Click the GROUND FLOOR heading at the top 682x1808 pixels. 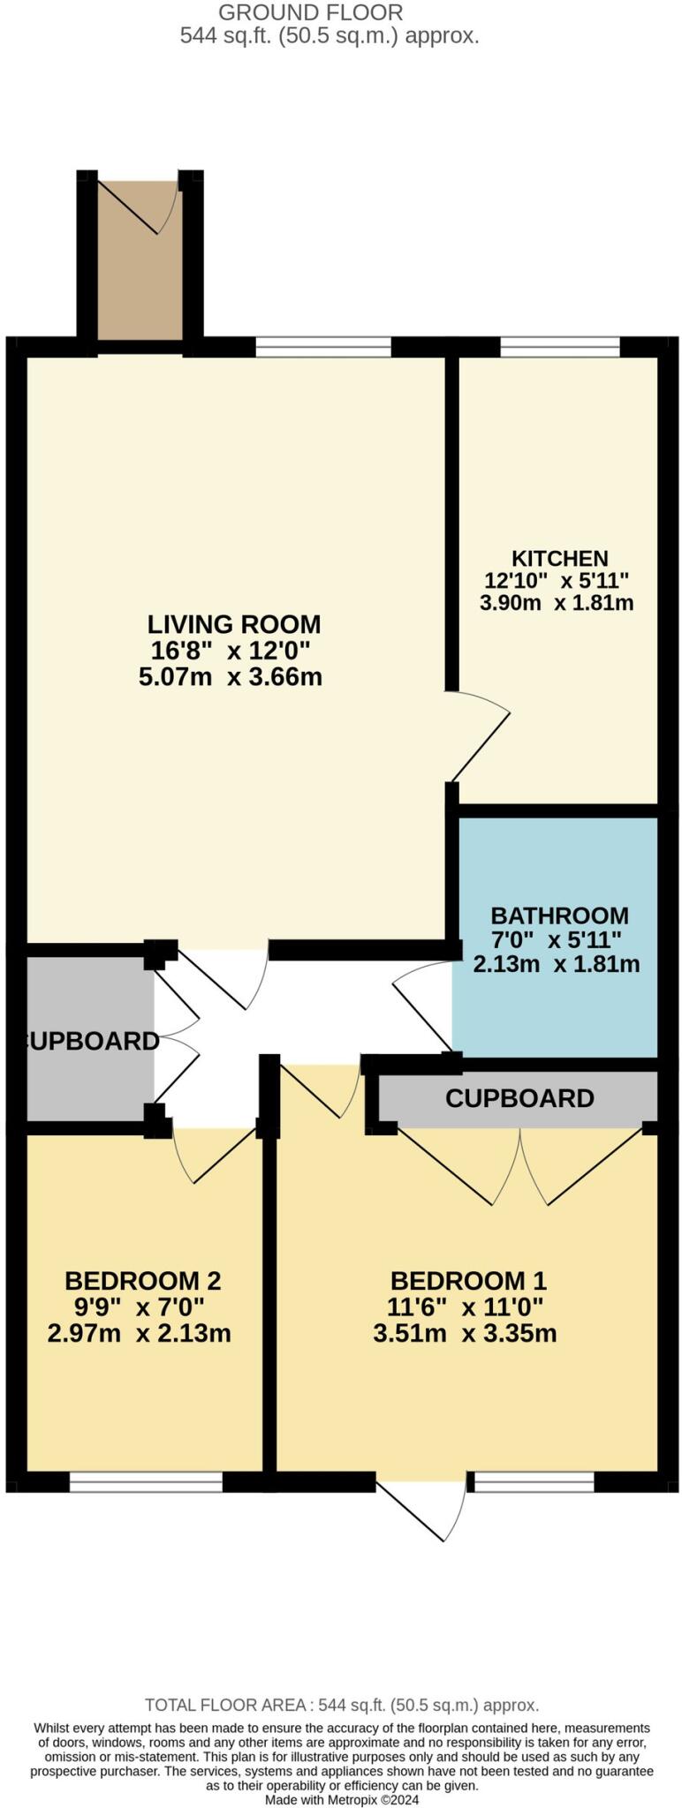click(x=310, y=13)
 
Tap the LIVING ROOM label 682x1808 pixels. click(x=233, y=624)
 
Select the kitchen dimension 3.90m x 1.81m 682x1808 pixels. click(x=557, y=603)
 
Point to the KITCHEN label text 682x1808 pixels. click(x=559, y=558)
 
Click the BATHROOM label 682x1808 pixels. click(x=559, y=915)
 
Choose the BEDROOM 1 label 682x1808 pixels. click(x=468, y=1280)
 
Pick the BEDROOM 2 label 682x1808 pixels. click(x=142, y=1280)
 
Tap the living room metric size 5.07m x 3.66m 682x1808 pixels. click(x=230, y=677)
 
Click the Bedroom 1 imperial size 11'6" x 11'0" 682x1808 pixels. click(x=465, y=1307)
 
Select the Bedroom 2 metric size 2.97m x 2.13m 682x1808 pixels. click(x=139, y=1332)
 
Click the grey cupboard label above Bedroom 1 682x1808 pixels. click(x=519, y=1098)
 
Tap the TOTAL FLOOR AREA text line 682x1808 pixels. click(x=341, y=1705)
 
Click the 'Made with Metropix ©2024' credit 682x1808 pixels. click(x=342, y=1799)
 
